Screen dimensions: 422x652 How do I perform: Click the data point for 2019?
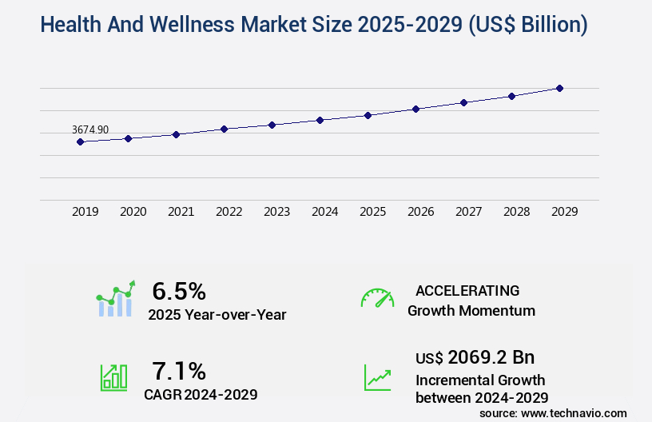coord(80,141)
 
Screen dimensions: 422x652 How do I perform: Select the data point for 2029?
coord(559,88)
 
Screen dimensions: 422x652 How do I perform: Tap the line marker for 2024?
coord(320,120)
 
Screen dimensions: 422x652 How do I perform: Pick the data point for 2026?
coord(415,109)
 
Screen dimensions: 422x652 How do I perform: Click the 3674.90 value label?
coord(90,129)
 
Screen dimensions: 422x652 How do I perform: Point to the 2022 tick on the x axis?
coord(229,212)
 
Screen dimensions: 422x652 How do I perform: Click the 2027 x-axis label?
coord(468,212)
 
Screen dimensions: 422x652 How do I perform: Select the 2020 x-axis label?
coord(133,212)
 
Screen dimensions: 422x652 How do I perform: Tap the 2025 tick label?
coord(372,212)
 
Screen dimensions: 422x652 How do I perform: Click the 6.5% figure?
coord(179,290)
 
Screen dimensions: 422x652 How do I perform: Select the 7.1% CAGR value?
coord(179,371)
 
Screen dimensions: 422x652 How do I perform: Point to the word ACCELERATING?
coord(467,290)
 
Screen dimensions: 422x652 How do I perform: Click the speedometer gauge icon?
coord(377,298)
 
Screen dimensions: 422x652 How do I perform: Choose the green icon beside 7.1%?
coord(113,377)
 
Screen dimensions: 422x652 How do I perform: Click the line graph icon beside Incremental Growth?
coord(377,377)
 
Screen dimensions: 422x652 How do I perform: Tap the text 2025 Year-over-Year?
coord(217,314)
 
